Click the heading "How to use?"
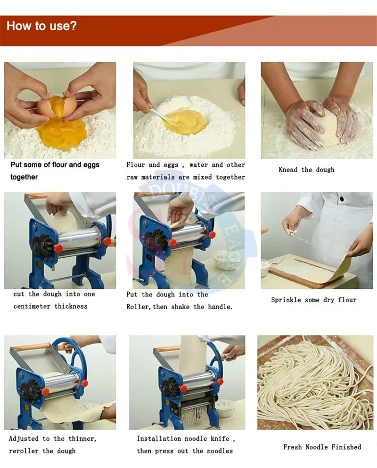41,25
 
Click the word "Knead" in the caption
288,170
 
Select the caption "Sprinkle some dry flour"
313,300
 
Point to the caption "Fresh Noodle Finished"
322,447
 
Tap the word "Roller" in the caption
137,306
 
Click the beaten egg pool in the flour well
186,122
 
